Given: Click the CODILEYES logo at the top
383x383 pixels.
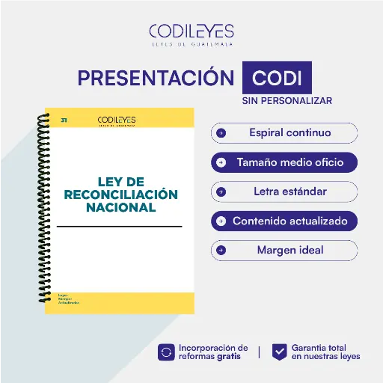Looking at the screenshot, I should click(191, 31).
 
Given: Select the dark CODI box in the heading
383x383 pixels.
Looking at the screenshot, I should click(277, 79).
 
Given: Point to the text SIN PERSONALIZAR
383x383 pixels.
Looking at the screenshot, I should click(287, 100).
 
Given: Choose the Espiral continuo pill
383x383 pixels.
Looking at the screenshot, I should click(284, 133).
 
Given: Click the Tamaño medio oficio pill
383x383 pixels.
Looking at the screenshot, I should click(284, 162).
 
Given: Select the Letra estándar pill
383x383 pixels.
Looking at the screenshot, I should click(284, 191).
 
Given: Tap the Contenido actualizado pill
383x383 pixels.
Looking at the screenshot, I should click(284, 221).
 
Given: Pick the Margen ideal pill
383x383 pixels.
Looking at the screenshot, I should click(284, 250).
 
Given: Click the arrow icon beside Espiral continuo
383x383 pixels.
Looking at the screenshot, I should click(221, 133).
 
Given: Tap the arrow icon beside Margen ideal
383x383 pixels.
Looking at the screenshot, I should click(221, 250).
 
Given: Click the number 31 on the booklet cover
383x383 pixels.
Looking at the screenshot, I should click(64, 120).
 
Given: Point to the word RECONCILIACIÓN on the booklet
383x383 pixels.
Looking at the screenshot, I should click(120, 194).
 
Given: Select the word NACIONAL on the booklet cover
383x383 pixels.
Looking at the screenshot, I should click(120, 207).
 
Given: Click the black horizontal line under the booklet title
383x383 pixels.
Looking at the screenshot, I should click(120, 226).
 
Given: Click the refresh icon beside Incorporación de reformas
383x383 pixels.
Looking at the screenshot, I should click(166, 352).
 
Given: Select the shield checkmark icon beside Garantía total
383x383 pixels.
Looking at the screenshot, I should click(279, 352).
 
